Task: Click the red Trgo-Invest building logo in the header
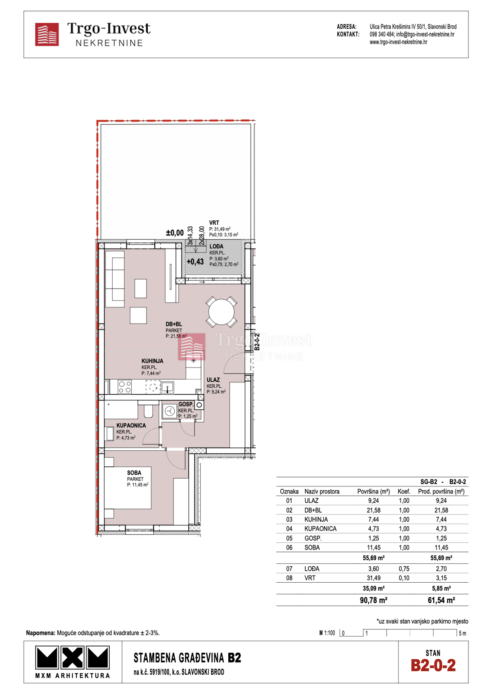point(47,34)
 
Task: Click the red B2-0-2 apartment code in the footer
point(433,665)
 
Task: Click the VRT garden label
point(214,223)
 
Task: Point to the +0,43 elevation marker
point(195,262)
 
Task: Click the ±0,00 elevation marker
point(175,233)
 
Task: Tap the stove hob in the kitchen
point(125,387)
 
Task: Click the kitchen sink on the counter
point(167,387)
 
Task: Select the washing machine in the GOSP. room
point(169,411)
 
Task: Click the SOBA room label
point(134,472)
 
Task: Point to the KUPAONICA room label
point(131,425)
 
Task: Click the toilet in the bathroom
point(148,410)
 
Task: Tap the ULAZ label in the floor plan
point(213,380)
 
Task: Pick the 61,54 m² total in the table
point(441,600)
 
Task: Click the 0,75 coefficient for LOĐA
point(403,569)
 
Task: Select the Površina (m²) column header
point(373,491)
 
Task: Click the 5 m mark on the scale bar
point(462,633)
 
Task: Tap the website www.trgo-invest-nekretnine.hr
point(398,42)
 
